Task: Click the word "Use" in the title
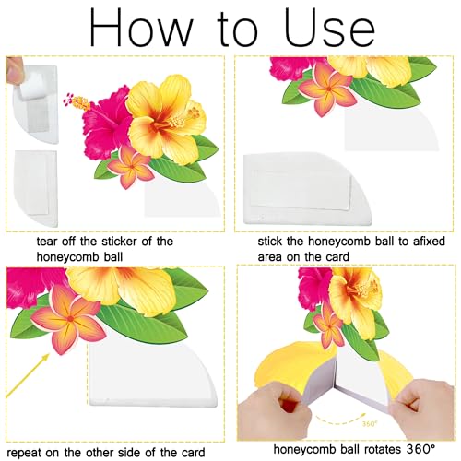click(330, 28)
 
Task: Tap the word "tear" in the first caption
click(47, 242)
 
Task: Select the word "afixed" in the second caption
click(429, 242)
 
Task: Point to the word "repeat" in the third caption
click(24, 453)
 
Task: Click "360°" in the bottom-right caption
click(420, 449)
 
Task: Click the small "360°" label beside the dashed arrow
click(369, 424)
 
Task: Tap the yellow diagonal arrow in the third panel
click(28, 375)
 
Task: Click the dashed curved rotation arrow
click(337, 420)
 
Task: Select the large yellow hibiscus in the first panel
click(166, 118)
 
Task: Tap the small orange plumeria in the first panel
click(131, 167)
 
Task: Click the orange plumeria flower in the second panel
click(328, 89)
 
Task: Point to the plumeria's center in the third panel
click(70, 319)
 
